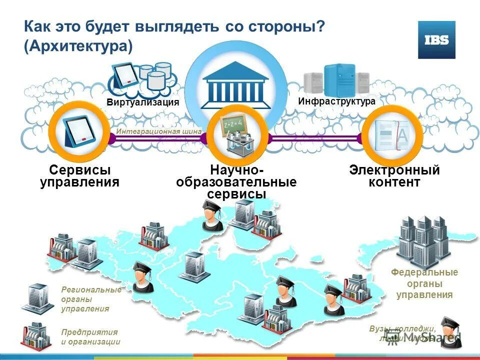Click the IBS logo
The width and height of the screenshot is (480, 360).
pos(436,40)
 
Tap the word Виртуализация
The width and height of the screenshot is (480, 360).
pos(142,102)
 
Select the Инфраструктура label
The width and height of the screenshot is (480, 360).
pos(336,101)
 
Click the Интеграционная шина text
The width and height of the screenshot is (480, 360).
pos(159,131)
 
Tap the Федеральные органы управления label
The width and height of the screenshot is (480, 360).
pos(424,283)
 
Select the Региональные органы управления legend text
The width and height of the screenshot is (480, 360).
pos(91,299)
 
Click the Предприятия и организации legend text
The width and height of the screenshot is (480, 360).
pos(90,336)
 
